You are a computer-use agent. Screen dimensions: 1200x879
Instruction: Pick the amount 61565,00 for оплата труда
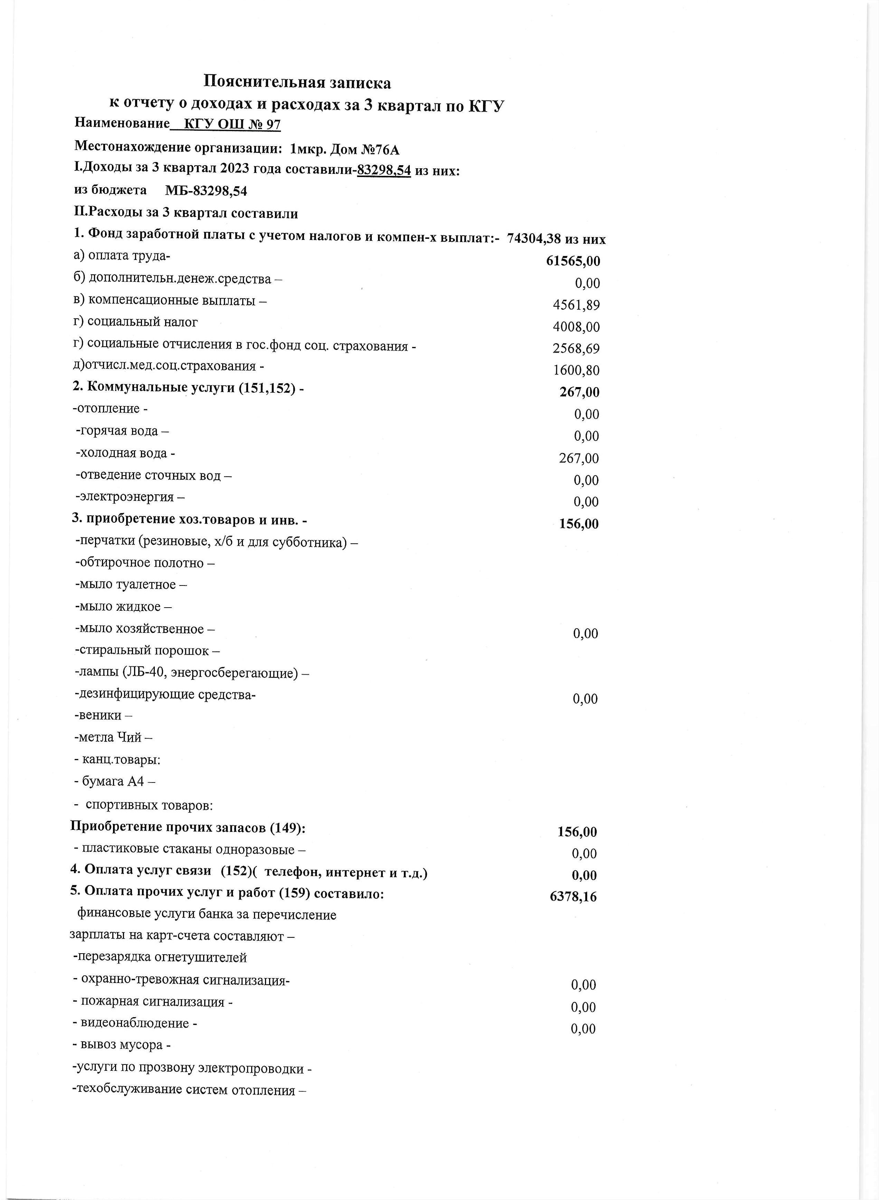pos(573,261)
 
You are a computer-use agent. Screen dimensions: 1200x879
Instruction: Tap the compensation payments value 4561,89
pos(576,305)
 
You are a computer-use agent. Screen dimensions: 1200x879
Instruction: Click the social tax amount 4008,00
pos(576,327)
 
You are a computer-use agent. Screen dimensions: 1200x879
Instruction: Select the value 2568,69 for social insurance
pos(576,348)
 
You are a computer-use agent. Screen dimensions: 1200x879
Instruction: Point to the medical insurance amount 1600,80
pos(576,371)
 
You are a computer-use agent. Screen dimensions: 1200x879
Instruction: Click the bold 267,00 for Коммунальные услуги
pos(579,392)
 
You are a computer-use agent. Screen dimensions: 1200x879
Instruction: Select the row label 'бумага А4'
pos(114,781)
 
